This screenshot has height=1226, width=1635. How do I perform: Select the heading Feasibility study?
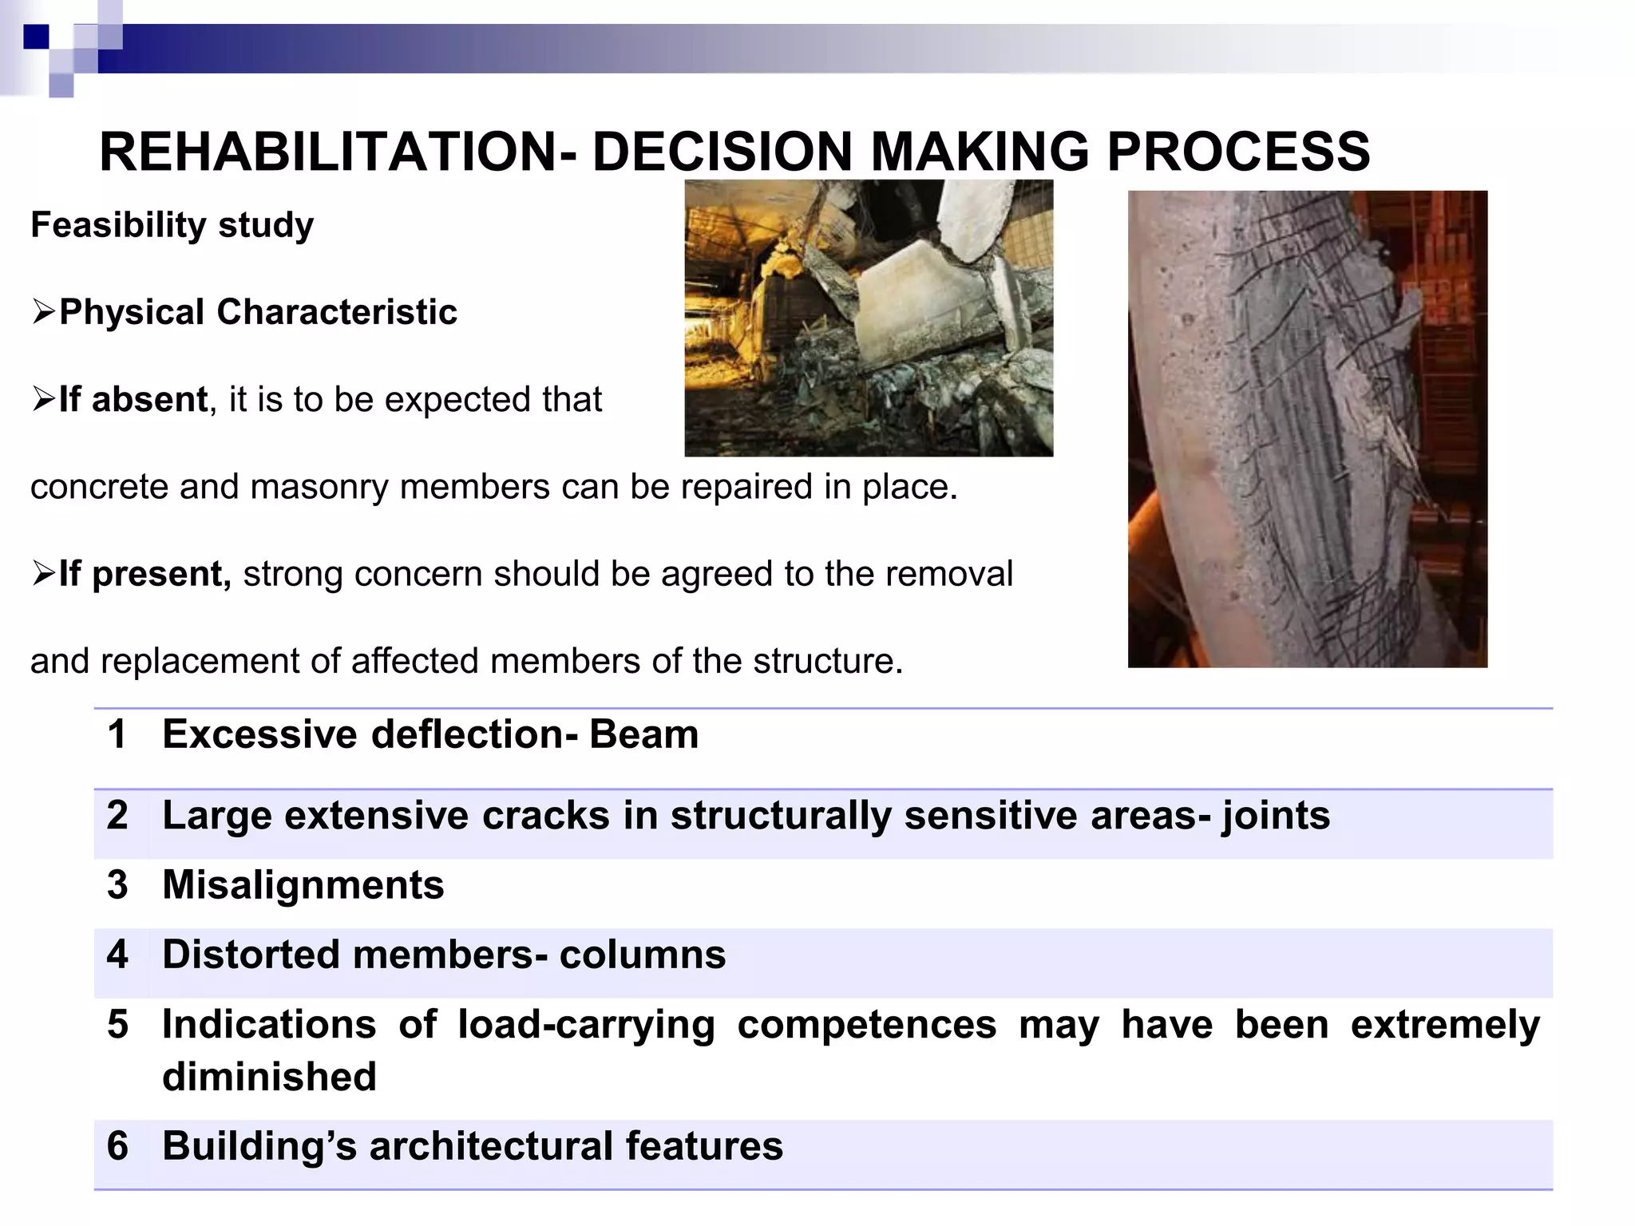pyautogui.click(x=172, y=225)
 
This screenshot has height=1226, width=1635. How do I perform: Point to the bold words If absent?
pyautogui.click(x=133, y=399)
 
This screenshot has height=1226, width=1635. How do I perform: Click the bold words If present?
pyautogui.click(x=144, y=573)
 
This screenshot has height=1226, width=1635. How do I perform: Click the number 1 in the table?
pyautogui.click(x=117, y=734)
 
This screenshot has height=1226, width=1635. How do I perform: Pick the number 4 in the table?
pyautogui.click(x=117, y=955)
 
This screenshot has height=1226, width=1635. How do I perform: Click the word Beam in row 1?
pyautogui.click(x=643, y=734)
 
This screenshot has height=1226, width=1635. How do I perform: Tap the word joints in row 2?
pyautogui.click(x=1276, y=816)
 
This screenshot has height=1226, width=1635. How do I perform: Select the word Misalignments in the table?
pyautogui.click(x=303, y=885)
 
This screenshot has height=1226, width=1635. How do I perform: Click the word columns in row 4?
pyautogui.click(x=642, y=955)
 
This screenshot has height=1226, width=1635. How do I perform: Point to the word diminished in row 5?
pyautogui.click(x=269, y=1077)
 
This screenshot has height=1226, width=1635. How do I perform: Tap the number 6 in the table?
pyautogui.click(x=117, y=1146)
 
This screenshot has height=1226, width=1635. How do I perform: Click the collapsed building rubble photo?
pyautogui.click(x=869, y=318)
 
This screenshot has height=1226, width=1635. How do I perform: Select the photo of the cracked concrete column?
pyautogui.click(x=1307, y=429)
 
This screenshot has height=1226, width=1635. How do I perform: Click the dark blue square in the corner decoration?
pyautogui.click(x=36, y=37)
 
